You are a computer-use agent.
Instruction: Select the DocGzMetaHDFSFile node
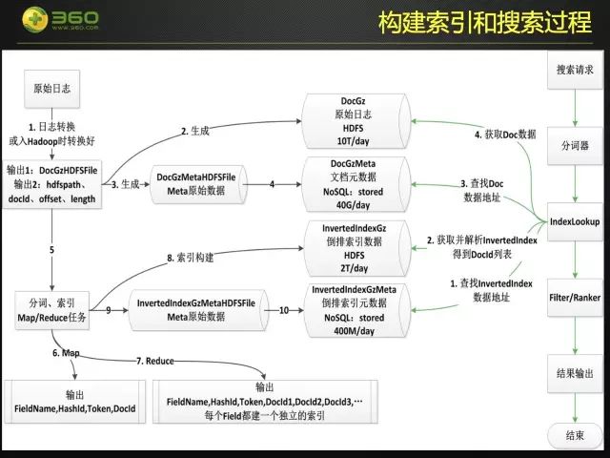(x=201, y=182)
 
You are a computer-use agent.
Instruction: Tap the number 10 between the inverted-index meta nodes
(x=283, y=309)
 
